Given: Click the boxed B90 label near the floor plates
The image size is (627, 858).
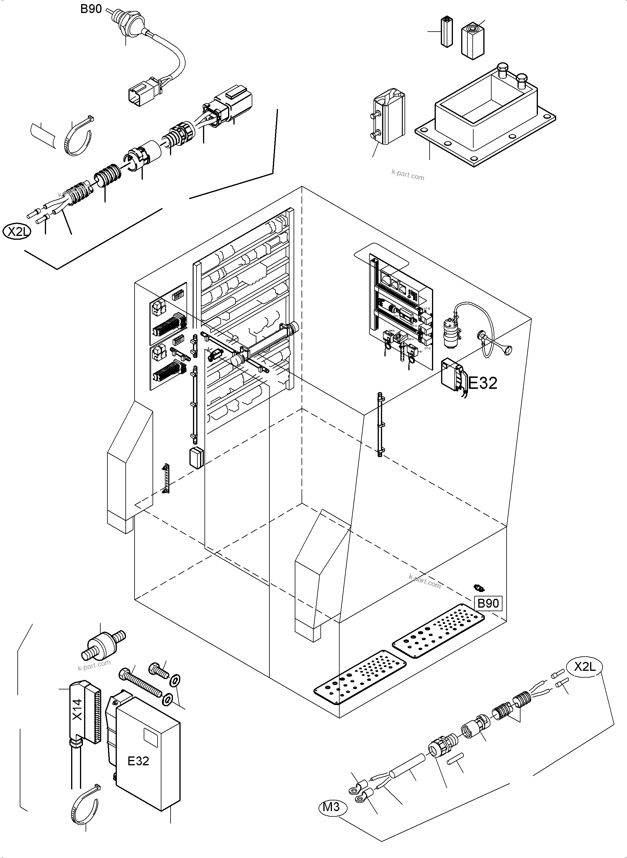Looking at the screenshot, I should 488,603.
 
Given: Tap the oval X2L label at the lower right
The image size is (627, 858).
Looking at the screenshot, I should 585,667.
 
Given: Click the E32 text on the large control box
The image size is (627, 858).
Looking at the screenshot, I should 138,761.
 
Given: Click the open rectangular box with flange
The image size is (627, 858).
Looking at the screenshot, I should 486,114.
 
